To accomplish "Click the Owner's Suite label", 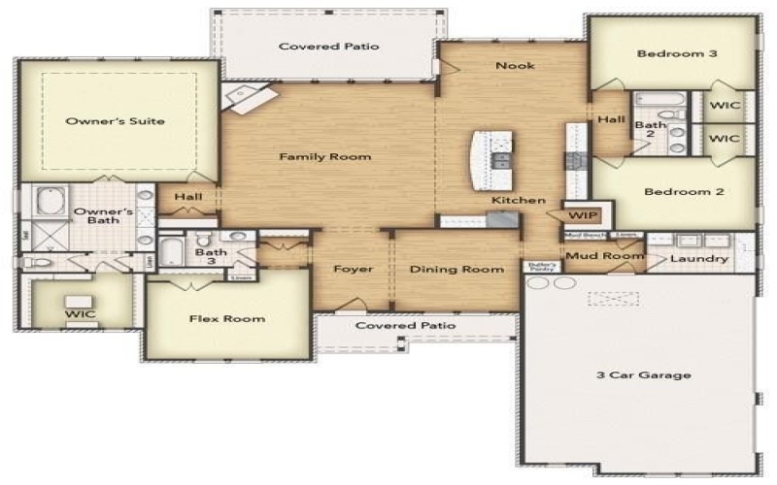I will coord(115,121).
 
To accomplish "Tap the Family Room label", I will coord(325,156).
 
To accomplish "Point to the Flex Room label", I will coord(226,318).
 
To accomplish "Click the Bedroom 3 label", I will coord(677,53).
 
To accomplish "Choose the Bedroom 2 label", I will coord(684,192).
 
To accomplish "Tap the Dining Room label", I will coord(456,269).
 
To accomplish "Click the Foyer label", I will coord(353,269).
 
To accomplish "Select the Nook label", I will coord(515,66).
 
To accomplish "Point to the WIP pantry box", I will coord(582,215).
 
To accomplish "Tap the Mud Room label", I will coord(604,256).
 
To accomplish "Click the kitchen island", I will coord(490,161).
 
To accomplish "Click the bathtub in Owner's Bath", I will coord(48,204).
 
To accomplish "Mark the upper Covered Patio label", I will coord(328,47).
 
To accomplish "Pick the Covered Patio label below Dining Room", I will coord(405,326).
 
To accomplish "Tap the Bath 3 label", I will coord(211,257).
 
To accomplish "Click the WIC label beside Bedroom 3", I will coord(724,105).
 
